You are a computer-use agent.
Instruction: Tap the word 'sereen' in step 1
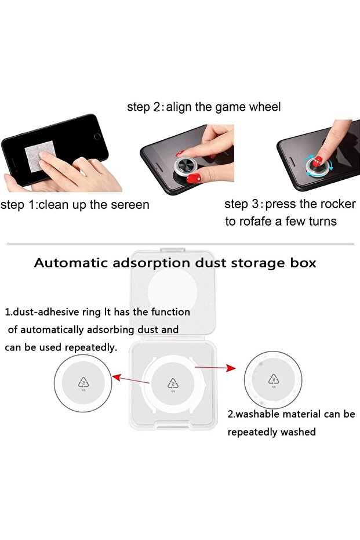128,205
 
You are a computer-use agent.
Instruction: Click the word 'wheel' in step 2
265,107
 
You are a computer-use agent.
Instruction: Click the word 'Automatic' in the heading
71,263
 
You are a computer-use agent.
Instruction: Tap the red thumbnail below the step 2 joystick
194,179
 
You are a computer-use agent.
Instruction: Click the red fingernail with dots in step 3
317,161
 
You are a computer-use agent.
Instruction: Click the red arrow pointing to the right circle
216,368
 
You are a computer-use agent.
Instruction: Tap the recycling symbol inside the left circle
83,382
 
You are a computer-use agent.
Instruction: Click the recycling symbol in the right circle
274,379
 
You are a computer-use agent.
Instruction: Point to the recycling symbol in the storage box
173,383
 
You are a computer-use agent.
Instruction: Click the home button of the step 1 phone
97,137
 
